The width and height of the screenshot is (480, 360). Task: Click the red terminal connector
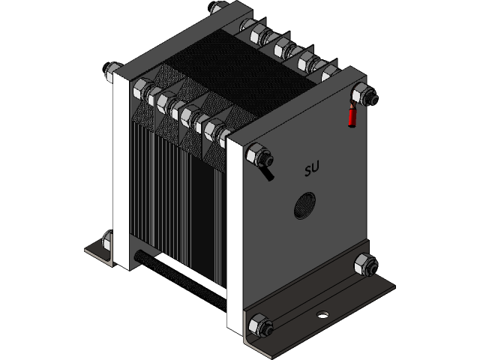[x=351, y=116]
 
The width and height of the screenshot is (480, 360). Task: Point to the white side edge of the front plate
[x=235, y=232]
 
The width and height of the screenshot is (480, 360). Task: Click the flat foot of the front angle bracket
[x=352, y=304]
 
